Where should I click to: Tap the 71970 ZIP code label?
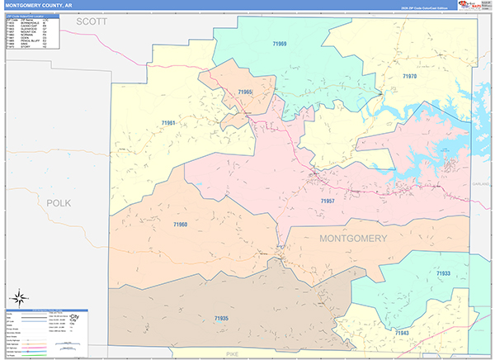[410, 76]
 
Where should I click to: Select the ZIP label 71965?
[245, 92]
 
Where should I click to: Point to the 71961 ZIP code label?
[168, 123]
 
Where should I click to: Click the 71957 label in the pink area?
[328, 201]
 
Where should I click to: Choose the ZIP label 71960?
[181, 225]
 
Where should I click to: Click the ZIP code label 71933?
[444, 273]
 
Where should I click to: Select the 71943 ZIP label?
[401, 333]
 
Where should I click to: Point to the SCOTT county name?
[93, 22]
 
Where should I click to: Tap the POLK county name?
[59, 202]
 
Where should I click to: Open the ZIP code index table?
[31, 32]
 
